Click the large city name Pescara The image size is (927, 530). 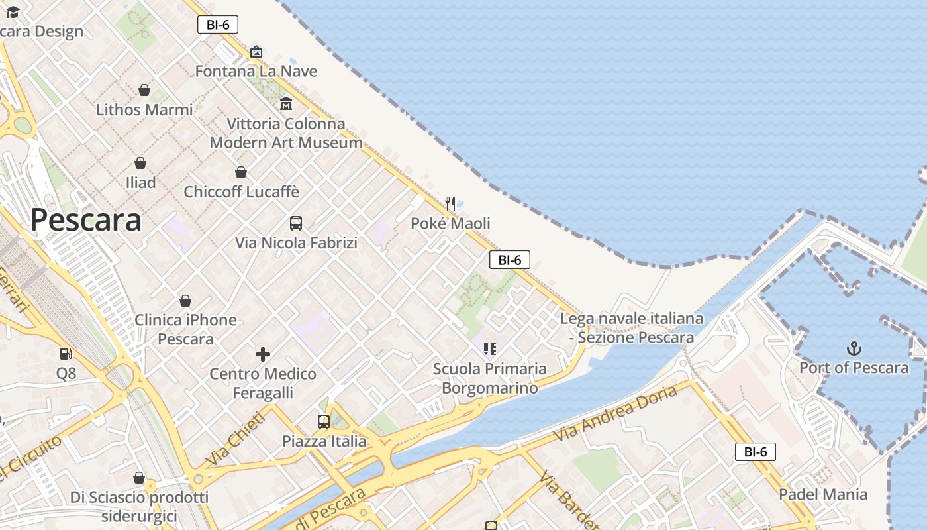(86, 220)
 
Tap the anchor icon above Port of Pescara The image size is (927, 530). (854, 348)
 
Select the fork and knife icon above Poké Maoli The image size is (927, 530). (450, 203)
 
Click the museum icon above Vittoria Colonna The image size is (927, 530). (286, 104)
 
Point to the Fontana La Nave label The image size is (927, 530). (256, 71)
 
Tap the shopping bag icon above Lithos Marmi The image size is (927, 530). (144, 90)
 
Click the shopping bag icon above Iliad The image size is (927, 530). (140, 163)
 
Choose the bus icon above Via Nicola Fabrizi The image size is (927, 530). (296, 223)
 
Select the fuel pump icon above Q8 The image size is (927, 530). (66, 354)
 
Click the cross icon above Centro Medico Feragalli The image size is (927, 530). (263, 354)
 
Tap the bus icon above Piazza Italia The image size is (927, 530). (324, 422)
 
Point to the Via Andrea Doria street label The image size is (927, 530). (616, 413)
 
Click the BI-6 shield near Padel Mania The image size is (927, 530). (755, 452)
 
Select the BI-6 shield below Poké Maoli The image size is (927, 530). (509, 260)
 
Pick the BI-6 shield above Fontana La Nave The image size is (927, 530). (218, 25)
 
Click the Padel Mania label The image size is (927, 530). (823, 494)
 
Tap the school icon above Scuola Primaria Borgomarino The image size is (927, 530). (490, 349)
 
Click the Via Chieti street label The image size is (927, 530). (236, 438)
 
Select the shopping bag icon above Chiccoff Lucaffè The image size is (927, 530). (241, 173)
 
